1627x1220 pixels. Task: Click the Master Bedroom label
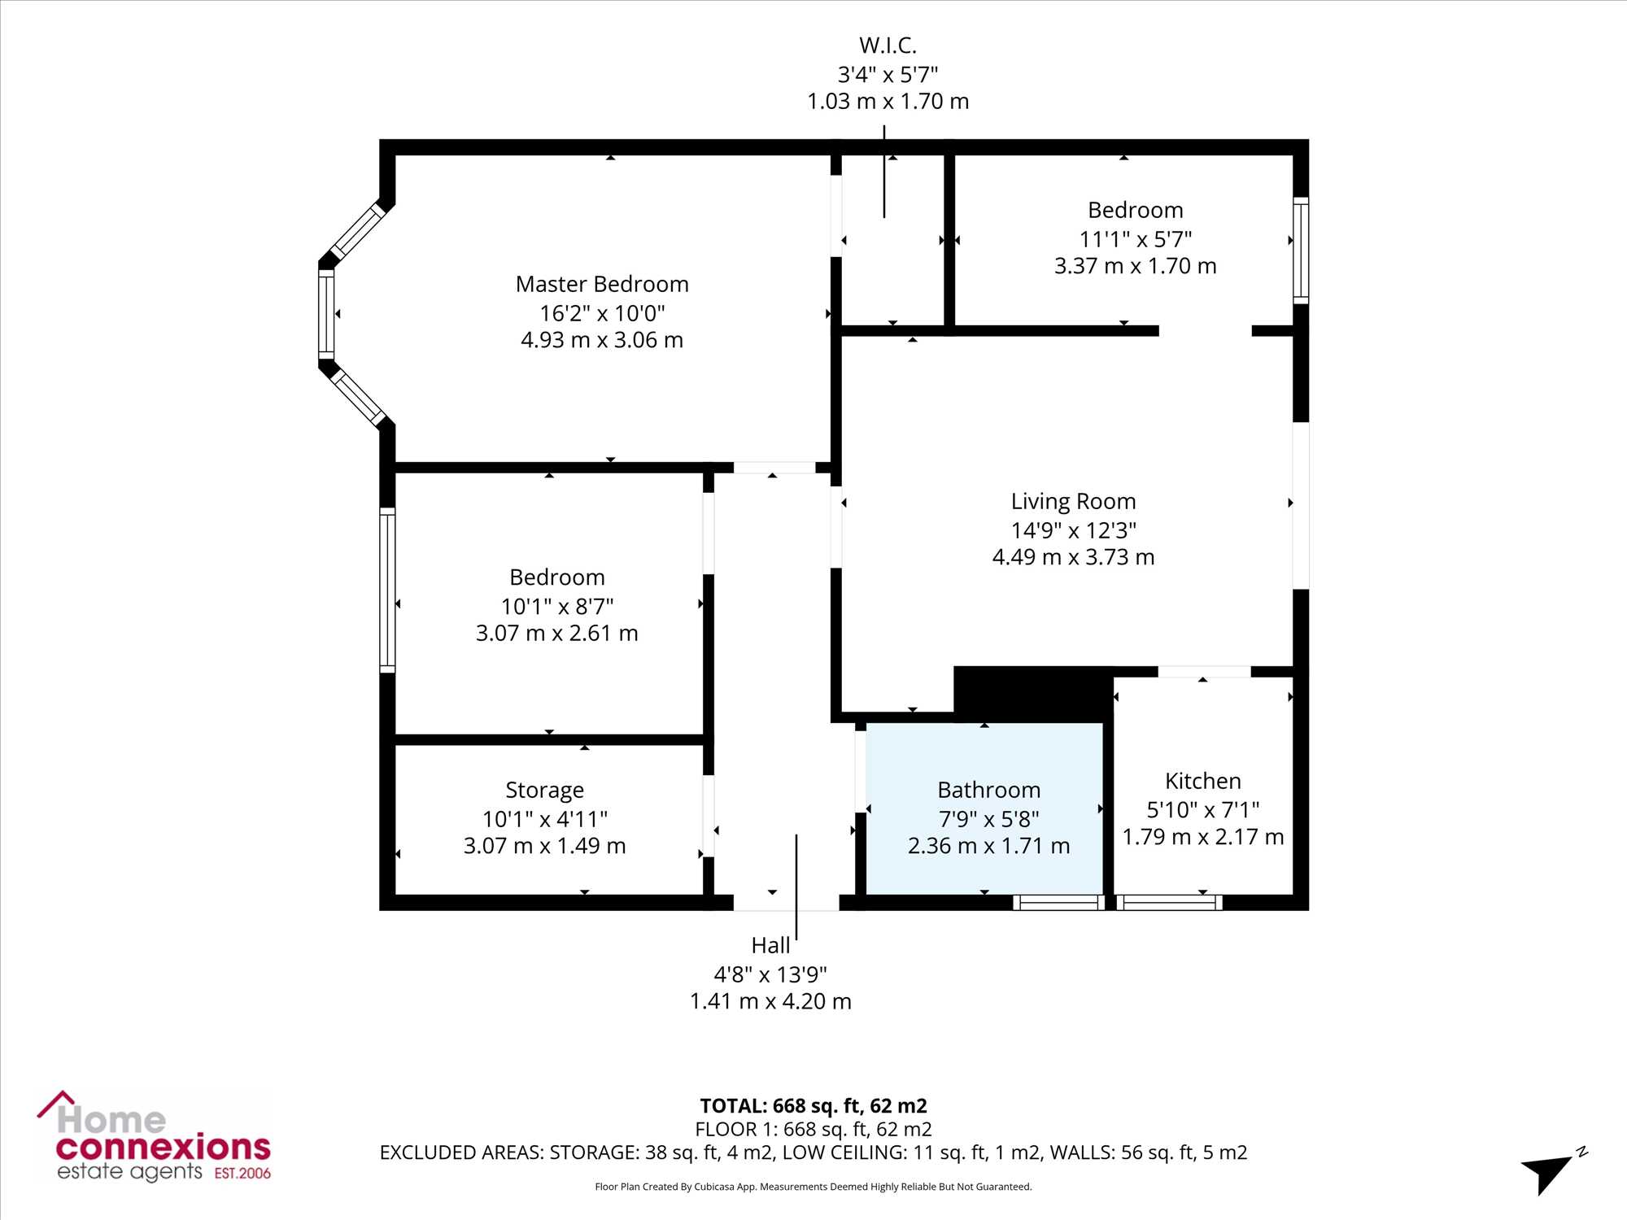602,284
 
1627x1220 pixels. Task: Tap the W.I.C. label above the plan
888,46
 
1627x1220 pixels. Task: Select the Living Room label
1073,501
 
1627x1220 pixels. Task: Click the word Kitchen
1203,781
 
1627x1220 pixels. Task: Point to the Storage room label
544,791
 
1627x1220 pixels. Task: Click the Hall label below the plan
770,945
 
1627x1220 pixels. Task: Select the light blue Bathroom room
984,808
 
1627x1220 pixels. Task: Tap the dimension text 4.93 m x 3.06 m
602,340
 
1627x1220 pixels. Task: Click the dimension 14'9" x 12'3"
1073,530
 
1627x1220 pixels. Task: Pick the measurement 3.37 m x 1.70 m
1135,266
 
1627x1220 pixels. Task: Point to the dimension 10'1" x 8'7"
557,606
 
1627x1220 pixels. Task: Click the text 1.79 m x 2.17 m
1203,837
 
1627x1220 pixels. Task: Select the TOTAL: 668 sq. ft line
813,1105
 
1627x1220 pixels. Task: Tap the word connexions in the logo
163,1148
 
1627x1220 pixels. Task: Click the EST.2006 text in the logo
242,1173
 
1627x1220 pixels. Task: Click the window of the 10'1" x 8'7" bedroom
388,590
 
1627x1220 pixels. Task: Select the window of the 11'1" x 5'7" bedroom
1301,251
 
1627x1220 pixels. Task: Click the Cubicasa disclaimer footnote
813,1187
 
